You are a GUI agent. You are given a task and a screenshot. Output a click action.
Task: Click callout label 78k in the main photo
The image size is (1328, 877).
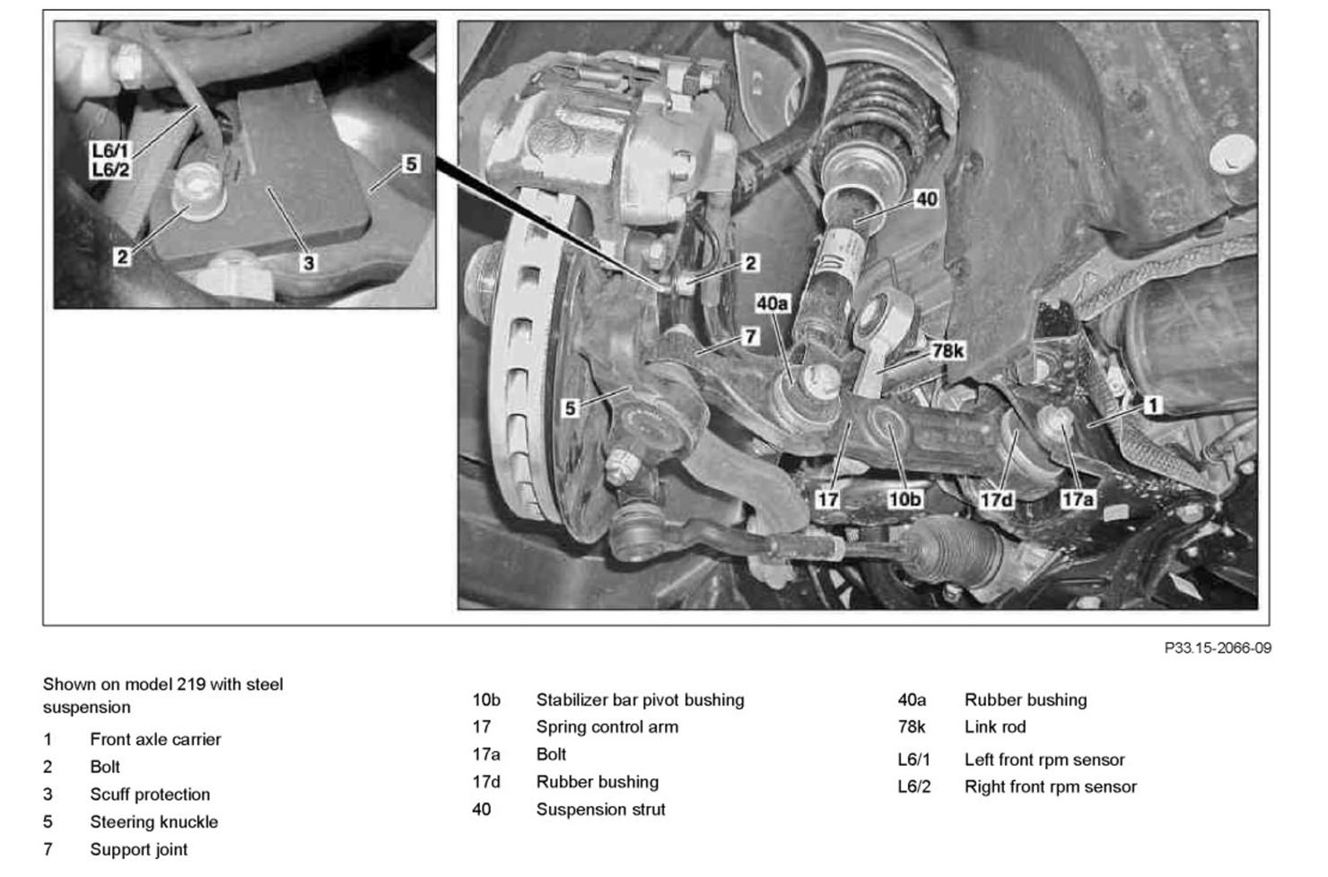947,350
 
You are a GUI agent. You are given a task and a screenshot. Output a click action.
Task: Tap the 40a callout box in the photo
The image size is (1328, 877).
772,303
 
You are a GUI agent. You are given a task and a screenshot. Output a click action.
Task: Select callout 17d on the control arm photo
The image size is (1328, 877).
996,498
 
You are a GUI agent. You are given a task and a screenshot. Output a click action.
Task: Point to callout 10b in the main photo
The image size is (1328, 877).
904,498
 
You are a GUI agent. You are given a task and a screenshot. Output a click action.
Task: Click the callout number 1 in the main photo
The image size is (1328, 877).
1154,405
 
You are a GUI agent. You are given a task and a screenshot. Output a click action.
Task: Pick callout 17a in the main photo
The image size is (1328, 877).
1077,498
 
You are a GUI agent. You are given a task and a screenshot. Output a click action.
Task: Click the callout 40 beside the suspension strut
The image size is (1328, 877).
926,198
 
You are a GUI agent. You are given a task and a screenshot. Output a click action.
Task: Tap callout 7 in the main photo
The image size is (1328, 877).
750,336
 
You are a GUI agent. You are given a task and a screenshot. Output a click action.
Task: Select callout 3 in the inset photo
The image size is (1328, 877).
309,262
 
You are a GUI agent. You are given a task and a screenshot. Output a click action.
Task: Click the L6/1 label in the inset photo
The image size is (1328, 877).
110,151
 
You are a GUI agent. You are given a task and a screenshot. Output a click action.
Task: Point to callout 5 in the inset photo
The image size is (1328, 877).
410,163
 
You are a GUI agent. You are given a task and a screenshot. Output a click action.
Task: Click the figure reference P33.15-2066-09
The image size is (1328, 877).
1217,647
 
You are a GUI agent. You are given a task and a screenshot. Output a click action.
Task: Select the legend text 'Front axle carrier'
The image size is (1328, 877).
155,740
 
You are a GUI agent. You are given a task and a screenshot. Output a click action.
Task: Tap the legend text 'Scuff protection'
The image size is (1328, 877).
150,794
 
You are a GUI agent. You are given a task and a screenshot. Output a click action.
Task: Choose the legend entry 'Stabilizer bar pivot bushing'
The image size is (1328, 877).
640,700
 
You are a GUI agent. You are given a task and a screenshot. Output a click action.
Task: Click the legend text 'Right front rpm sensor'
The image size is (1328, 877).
1050,787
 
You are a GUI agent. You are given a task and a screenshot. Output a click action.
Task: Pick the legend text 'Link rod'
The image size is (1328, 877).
994,727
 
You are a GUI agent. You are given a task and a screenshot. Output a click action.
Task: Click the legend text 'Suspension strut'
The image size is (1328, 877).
600,810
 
